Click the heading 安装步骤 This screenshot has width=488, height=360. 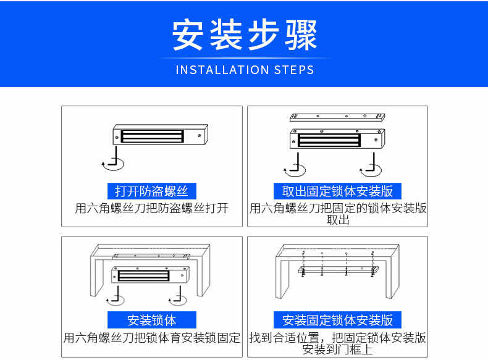pyautogui.click(x=245, y=34)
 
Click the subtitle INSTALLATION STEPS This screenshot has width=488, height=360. pyautogui.click(x=245, y=70)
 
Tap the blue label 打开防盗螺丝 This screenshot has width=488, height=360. pyautogui.click(x=152, y=191)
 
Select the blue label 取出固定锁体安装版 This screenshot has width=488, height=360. pyautogui.click(x=337, y=191)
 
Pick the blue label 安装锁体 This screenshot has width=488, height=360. pyautogui.click(x=152, y=320)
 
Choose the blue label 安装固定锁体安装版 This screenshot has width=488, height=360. pyautogui.click(x=337, y=320)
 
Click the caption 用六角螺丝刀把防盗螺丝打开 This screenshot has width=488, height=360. pyautogui.click(x=152, y=208)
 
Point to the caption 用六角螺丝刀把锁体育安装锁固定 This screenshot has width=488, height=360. pyautogui.click(x=152, y=338)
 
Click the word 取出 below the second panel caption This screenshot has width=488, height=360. pyautogui.click(x=338, y=220)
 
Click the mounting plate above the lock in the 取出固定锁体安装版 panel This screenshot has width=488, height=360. pyautogui.click(x=337, y=117)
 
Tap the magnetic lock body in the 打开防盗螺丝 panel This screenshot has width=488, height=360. pyautogui.click(x=160, y=135)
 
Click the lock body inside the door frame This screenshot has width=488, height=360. pyautogui.click(x=151, y=275)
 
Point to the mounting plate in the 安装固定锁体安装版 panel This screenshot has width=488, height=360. pyautogui.click(x=339, y=270)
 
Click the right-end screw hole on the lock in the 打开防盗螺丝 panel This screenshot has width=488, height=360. pyautogui.click(x=199, y=136)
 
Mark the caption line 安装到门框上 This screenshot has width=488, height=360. pyautogui.click(x=338, y=350)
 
